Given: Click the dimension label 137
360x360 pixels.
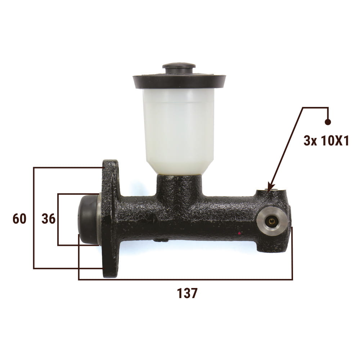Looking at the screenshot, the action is [x=187, y=293].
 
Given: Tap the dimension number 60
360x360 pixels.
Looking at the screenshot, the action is [x=19, y=219].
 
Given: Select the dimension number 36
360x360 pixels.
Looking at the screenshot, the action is [x=49, y=219].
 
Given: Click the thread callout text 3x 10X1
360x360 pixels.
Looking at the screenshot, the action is [x=326, y=140].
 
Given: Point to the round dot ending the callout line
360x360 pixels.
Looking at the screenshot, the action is [x=328, y=122].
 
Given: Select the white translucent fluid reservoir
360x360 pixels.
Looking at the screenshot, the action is [x=179, y=131].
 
